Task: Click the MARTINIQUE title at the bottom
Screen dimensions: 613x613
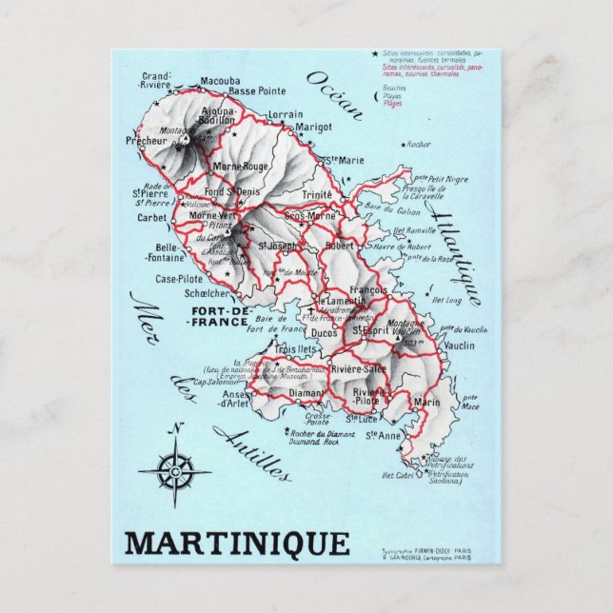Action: [237, 544]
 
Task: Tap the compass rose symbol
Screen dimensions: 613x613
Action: [174, 468]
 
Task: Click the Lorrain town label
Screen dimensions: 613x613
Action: [286, 114]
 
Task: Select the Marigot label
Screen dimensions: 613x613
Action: [313, 127]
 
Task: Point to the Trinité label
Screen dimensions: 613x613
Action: [317, 194]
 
